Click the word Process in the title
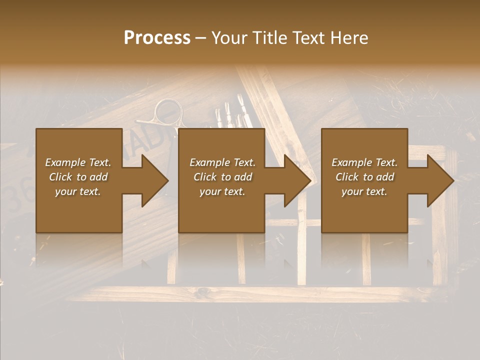157,38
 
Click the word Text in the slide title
309,38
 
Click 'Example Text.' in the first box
78,162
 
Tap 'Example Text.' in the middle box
222,162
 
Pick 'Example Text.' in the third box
364,162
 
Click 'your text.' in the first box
78,191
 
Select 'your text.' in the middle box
222,191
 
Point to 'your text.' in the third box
364,191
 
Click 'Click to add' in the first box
78,177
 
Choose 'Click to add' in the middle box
222,177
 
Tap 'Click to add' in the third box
364,177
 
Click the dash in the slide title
200,38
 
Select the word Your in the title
229,38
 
